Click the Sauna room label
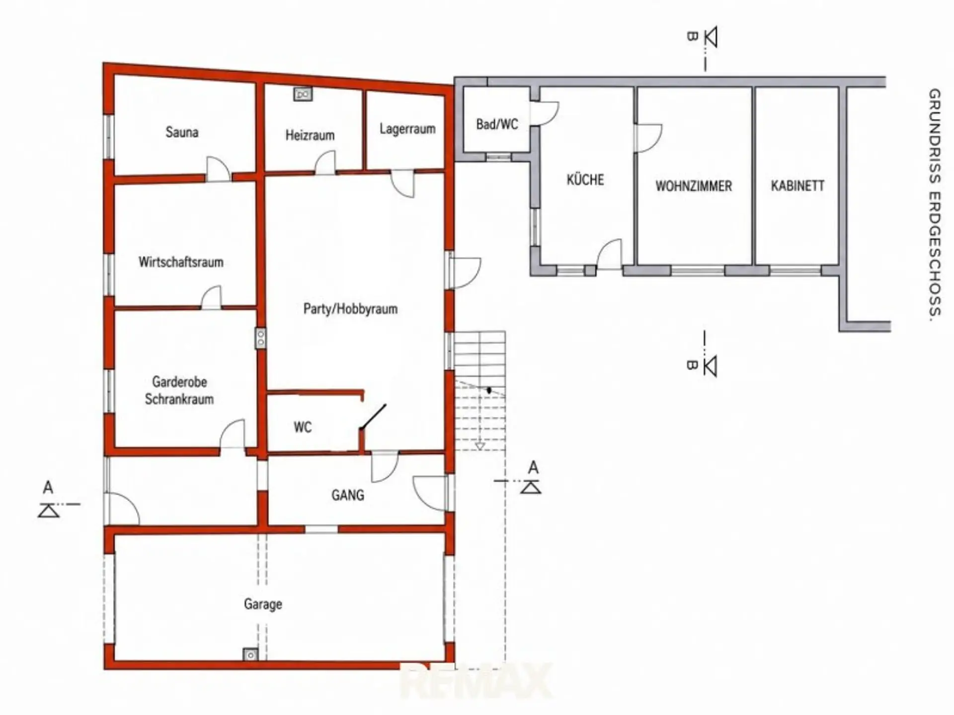[182, 133]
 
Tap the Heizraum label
[310, 135]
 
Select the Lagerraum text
[407, 129]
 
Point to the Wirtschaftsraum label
[181, 262]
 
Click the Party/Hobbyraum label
[350, 309]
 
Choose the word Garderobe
[179, 382]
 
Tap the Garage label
[263, 604]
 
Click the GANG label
[348, 495]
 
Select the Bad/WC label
[497, 124]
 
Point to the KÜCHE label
[585, 179]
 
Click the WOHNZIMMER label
[694, 186]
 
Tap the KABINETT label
[797, 186]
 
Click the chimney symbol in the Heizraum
[303, 94]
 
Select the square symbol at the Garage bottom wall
[250, 655]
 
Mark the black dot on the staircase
[489, 391]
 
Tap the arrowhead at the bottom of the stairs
[479, 446]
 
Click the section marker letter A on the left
[48, 488]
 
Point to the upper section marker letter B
[692, 36]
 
